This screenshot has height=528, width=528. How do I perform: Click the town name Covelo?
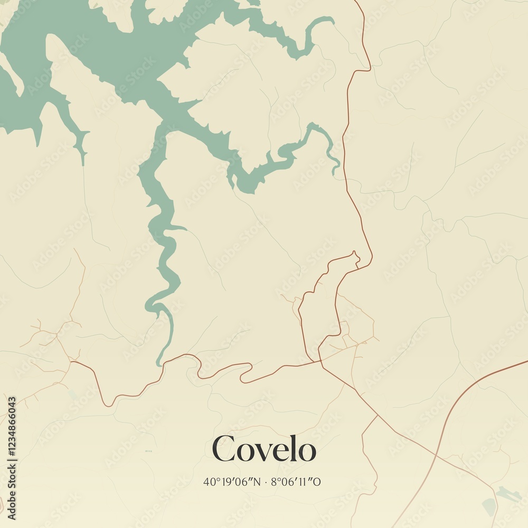click(x=264, y=449)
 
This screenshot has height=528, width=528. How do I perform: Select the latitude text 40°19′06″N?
click(x=232, y=482)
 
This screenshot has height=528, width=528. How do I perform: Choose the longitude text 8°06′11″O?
click(x=296, y=482)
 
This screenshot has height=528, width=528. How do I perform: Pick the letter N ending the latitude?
click(x=257, y=482)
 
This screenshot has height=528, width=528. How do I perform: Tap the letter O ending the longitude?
click(x=318, y=482)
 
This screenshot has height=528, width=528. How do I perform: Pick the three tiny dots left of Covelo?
click(x=148, y=451)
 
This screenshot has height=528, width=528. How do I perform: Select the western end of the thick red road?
click(x=72, y=362)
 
